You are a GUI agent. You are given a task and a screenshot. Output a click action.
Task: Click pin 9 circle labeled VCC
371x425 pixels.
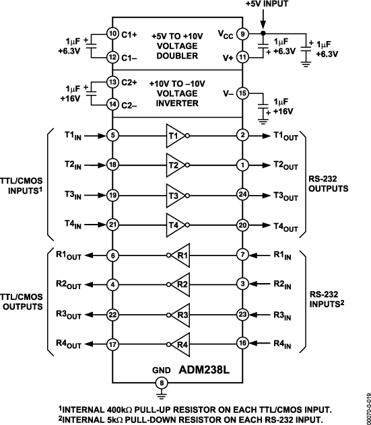coord(243,33)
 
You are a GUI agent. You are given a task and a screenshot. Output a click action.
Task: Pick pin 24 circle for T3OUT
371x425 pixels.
coord(243,195)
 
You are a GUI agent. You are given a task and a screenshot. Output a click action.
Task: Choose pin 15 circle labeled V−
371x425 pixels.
coord(243,93)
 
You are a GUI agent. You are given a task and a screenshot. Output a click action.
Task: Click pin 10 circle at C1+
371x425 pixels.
coord(112,33)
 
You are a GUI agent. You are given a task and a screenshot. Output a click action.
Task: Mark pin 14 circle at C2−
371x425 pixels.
coord(112,104)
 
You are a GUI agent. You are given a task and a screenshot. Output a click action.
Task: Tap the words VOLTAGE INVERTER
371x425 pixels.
coord(177,99)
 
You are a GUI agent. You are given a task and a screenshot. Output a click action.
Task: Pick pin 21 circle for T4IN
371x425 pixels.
coord(112,225)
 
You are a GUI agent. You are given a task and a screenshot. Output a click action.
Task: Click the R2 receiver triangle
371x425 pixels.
coord(178,285)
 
